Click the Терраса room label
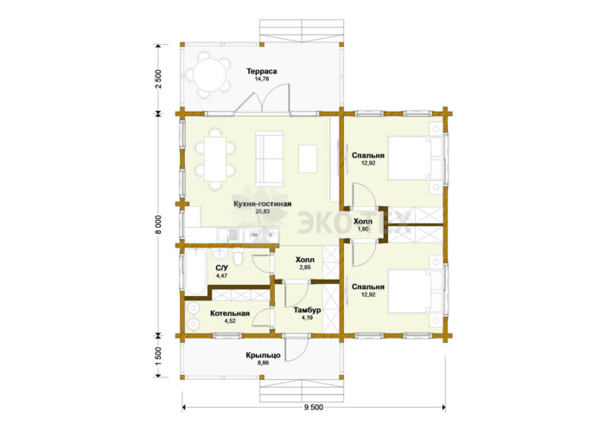[262, 72]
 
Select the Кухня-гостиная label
[263, 204]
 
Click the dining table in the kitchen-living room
[215, 159]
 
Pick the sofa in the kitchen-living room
[270, 158]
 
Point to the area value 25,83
[263, 211]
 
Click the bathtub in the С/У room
[196, 272]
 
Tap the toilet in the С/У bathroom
[238, 258]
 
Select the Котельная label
[230, 313]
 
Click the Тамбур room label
[307, 310]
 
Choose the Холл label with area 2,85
[305, 260]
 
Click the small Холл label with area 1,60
[363, 222]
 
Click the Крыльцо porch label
[263, 356]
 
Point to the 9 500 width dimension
[314, 407]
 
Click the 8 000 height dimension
[158, 224]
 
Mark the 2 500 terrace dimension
[158, 79]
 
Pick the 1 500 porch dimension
[158, 356]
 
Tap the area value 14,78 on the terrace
[262, 79]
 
